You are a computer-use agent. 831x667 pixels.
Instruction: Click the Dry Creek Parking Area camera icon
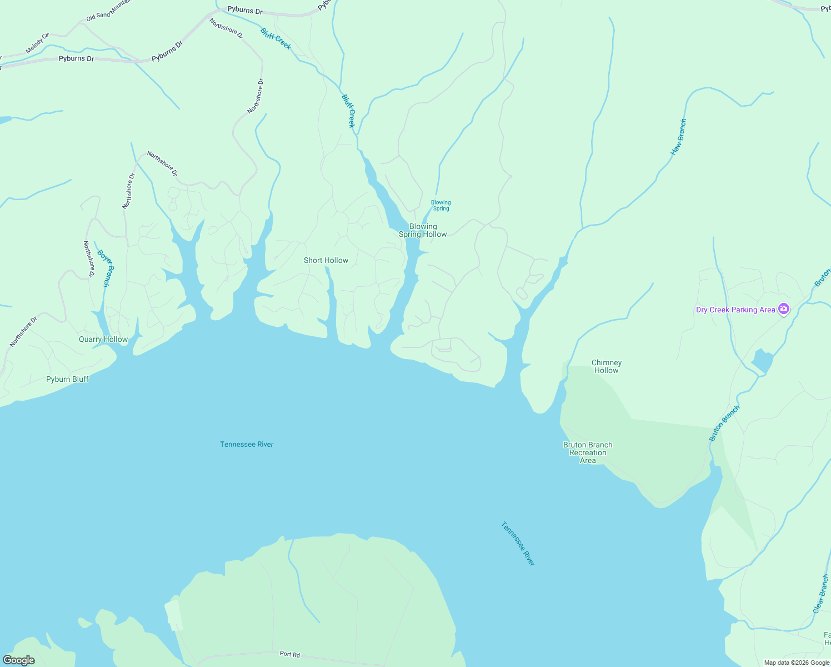tap(783, 309)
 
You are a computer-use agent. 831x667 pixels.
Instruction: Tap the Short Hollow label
tap(326, 260)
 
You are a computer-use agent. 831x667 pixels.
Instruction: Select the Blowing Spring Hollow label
tap(423, 230)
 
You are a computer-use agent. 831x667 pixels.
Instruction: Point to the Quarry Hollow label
tap(103, 339)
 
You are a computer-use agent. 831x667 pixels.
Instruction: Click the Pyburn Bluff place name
tap(67, 379)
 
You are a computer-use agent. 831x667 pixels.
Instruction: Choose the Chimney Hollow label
tap(606, 366)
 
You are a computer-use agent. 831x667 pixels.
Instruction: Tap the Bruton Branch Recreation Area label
tap(588, 452)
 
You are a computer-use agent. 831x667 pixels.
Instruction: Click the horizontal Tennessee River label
tap(247, 444)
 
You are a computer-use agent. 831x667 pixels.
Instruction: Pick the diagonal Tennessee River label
tap(518, 543)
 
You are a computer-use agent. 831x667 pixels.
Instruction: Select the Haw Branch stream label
tap(678, 137)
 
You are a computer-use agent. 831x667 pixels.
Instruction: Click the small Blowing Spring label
tap(441, 206)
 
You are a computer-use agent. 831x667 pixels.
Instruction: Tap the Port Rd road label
tap(289, 654)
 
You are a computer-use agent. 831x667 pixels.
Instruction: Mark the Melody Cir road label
tap(37, 43)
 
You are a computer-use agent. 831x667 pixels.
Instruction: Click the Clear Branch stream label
tap(820, 594)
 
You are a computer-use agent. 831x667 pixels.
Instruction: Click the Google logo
tap(19, 660)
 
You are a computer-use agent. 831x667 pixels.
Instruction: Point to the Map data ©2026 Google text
tap(797, 663)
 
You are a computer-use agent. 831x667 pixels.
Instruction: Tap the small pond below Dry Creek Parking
tap(762, 361)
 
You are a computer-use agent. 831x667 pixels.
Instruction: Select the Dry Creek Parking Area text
tap(735, 310)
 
